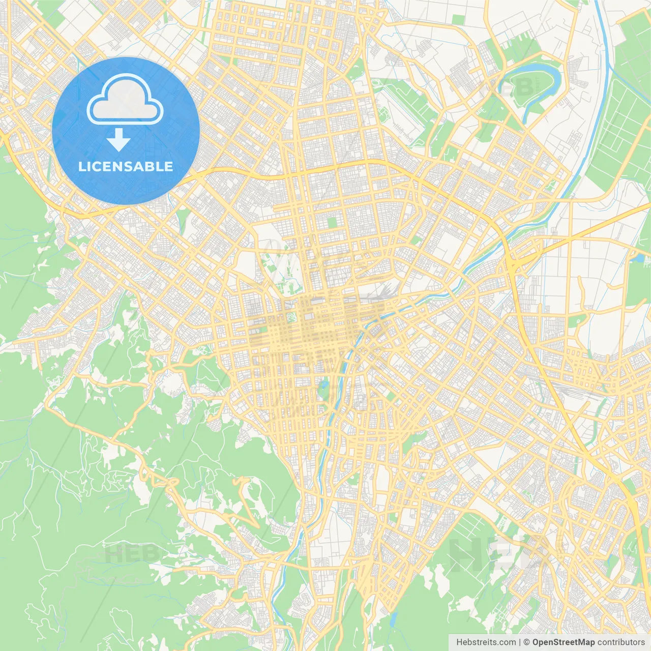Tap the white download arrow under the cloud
point(119,140)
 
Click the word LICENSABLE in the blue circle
point(126,166)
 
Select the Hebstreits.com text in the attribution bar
point(486,642)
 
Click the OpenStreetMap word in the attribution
point(563,642)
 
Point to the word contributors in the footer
point(621,642)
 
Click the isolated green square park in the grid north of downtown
point(332,223)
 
